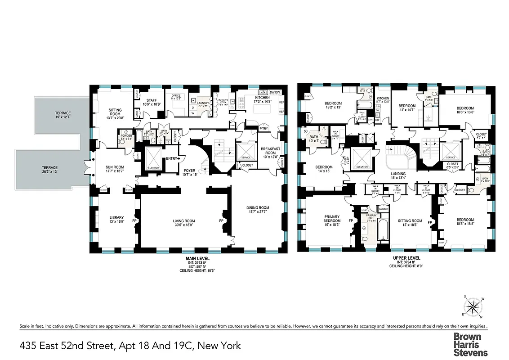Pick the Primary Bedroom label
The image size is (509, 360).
click(332, 219)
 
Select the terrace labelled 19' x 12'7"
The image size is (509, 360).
click(63, 115)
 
